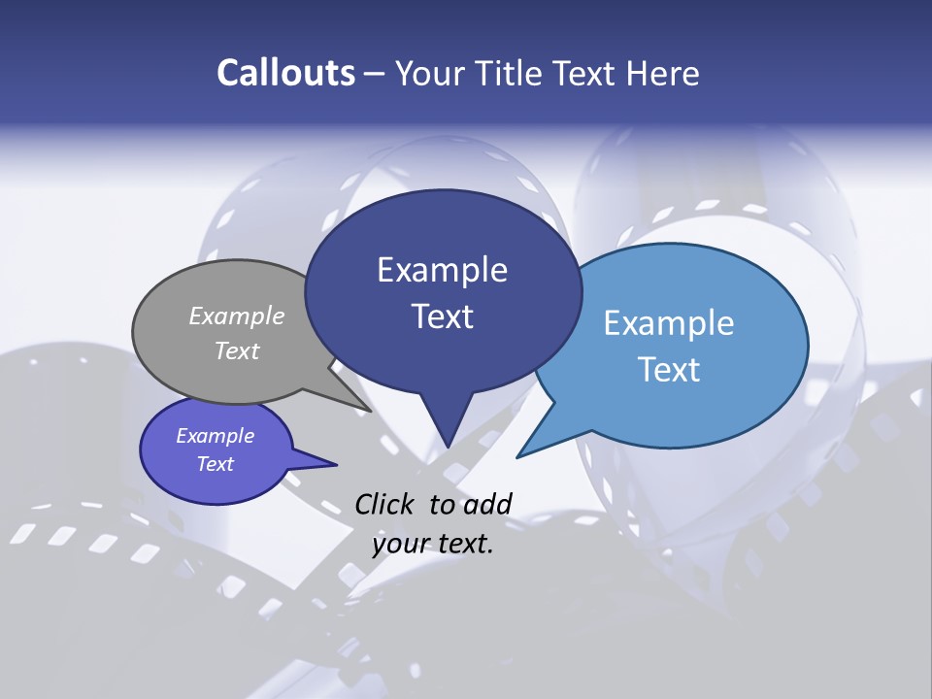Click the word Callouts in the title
[x=285, y=73]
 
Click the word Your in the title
[x=431, y=73]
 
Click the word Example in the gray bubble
[x=237, y=316]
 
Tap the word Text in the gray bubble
[x=237, y=350]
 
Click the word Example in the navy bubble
[x=443, y=270]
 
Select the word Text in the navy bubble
[x=443, y=316]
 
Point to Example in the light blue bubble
[x=669, y=323]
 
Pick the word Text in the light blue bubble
[x=669, y=370]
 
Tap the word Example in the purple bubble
[x=216, y=436]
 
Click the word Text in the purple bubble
[x=216, y=464]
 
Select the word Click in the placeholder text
[x=385, y=504]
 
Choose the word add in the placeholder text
[x=486, y=504]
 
